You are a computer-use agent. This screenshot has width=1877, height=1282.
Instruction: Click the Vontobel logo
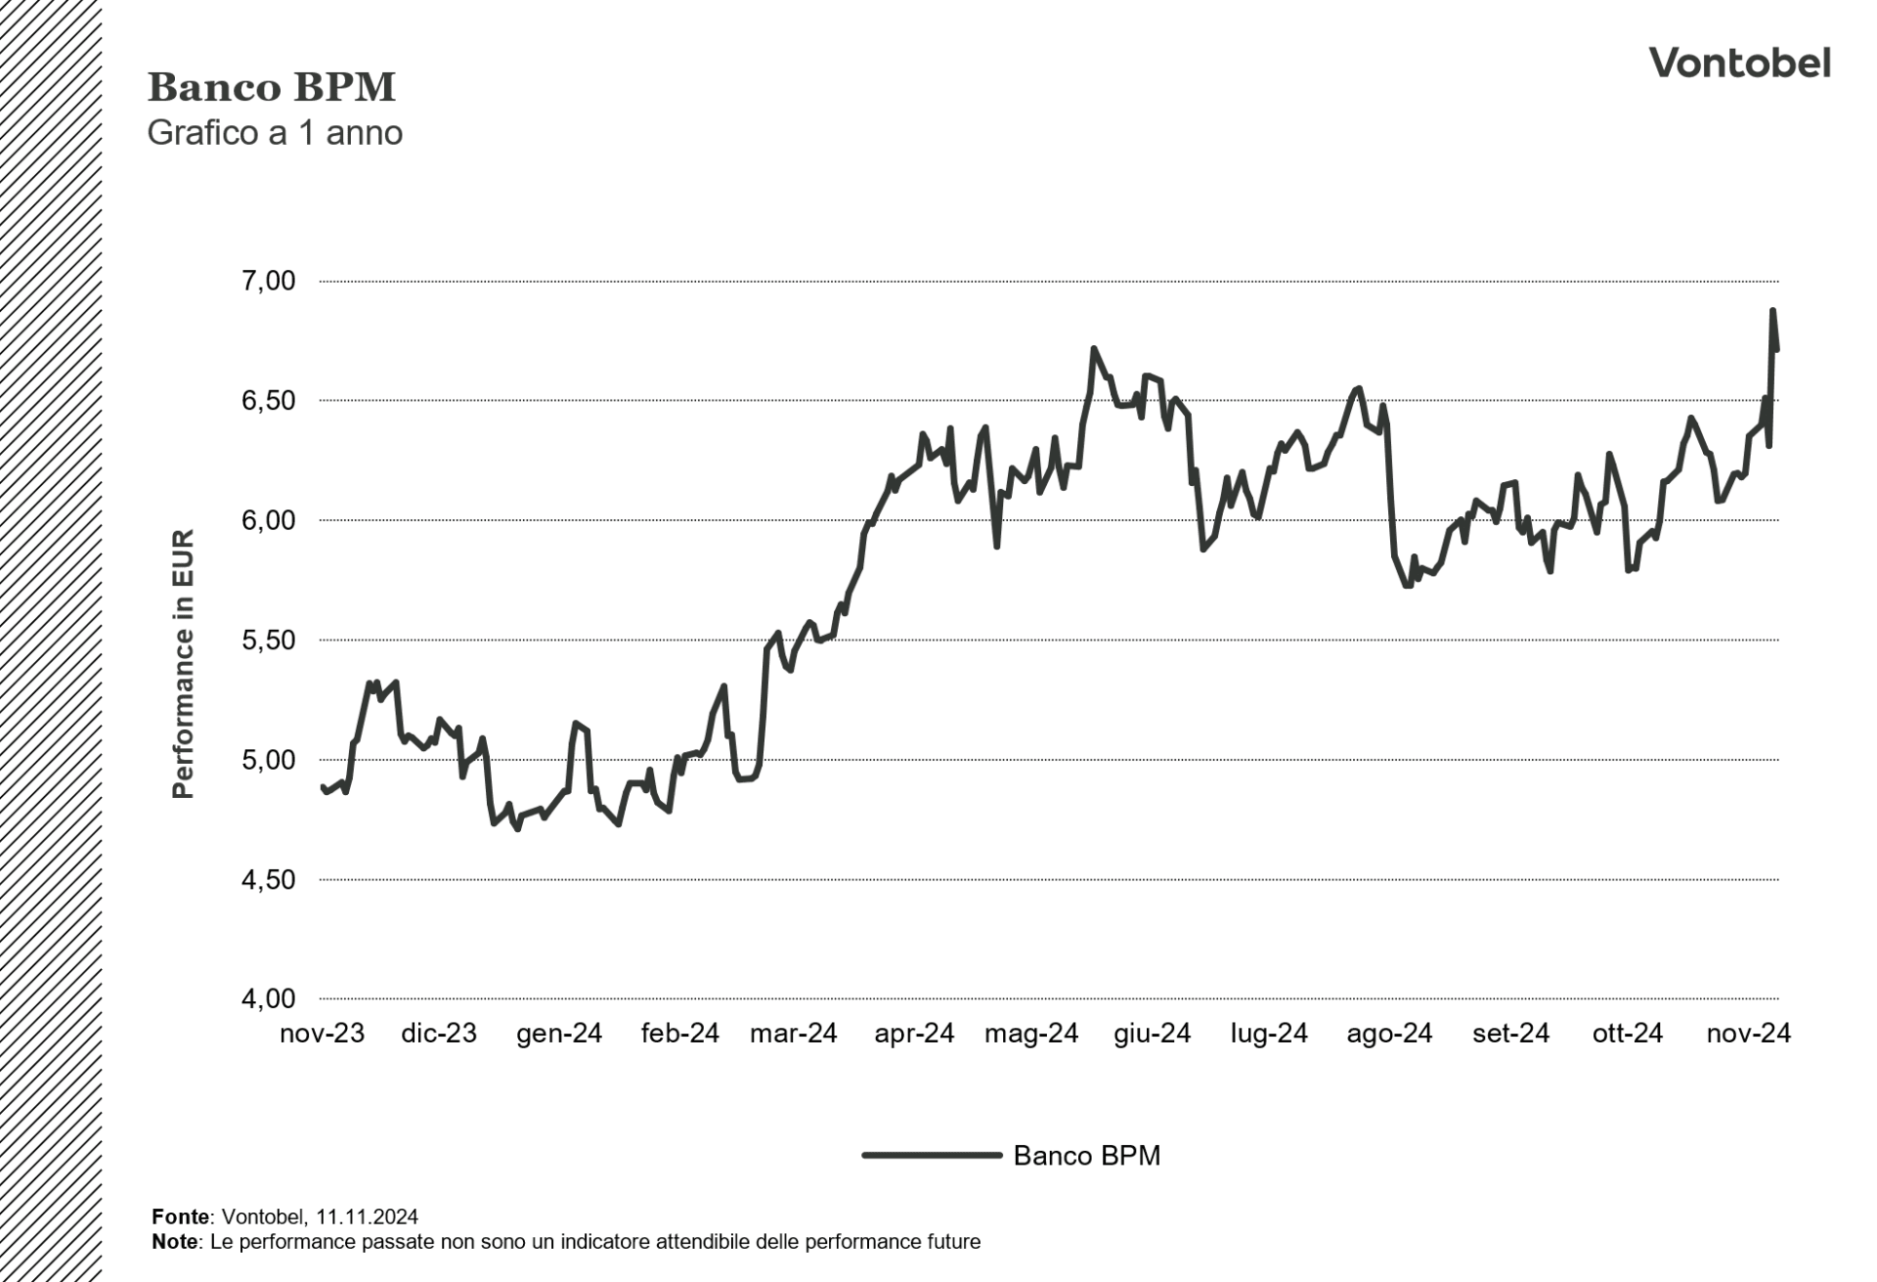click(x=1739, y=64)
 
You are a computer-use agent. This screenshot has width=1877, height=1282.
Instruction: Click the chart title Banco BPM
click(x=271, y=88)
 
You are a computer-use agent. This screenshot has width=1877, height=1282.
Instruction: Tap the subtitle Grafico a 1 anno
click(x=275, y=133)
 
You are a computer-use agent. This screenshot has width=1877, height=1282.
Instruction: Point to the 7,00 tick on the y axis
click(x=267, y=282)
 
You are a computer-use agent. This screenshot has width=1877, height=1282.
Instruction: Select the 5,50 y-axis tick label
click(x=267, y=641)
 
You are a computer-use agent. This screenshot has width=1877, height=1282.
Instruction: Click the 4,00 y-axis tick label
click(x=267, y=999)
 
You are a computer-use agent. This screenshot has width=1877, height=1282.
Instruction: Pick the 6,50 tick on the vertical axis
click(x=267, y=401)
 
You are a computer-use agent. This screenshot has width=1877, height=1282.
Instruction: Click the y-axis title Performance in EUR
click(x=183, y=665)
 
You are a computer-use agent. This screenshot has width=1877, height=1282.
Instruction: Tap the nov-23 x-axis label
click(x=322, y=1034)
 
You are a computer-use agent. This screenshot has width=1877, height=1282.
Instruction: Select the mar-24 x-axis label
click(x=793, y=1034)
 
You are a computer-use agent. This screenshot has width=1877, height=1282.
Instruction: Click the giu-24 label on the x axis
click(x=1152, y=1034)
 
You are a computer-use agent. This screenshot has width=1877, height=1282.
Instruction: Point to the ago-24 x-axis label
click(x=1388, y=1034)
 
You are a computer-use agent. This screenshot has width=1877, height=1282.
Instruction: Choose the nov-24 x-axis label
click(x=1748, y=1034)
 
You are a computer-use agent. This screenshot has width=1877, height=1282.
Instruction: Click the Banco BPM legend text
click(x=1086, y=1156)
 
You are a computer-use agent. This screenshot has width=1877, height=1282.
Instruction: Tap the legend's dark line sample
click(x=932, y=1156)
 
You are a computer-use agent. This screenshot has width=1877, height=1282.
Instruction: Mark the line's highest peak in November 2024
click(x=1772, y=311)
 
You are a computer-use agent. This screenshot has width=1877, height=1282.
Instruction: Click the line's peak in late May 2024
click(x=1093, y=348)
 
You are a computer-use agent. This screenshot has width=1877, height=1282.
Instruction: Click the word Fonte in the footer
click(x=181, y=1216)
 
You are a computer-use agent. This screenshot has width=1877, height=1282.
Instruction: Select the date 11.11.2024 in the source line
click(x=367, y=1216)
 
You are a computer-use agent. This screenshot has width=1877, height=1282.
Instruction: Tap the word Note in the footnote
click(x=175, y=1242)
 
